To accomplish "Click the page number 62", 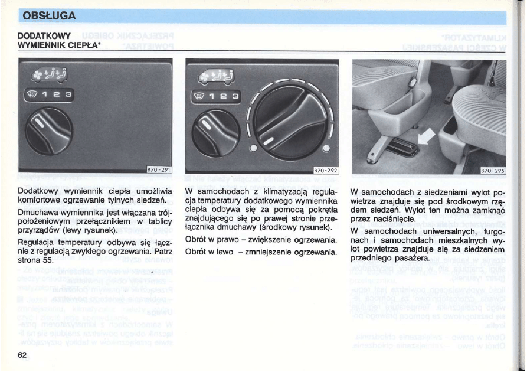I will [x=23, y=354].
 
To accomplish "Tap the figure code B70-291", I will [x=158, y=171].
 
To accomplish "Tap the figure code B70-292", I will [x=325, y=171].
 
